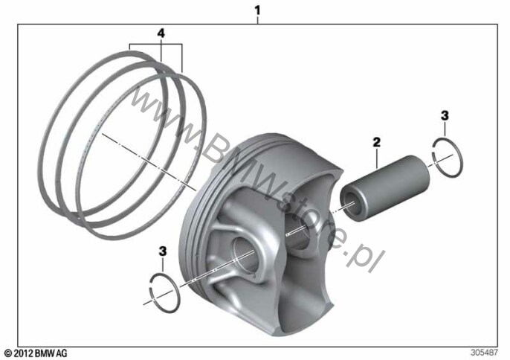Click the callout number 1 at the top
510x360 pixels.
257,10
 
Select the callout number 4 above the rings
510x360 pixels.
161,33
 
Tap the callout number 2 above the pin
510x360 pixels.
376,142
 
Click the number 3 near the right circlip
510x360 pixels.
445,115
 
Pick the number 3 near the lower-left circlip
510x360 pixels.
163,251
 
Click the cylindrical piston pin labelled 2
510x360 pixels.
384,188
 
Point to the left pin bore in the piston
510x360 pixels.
245,253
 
